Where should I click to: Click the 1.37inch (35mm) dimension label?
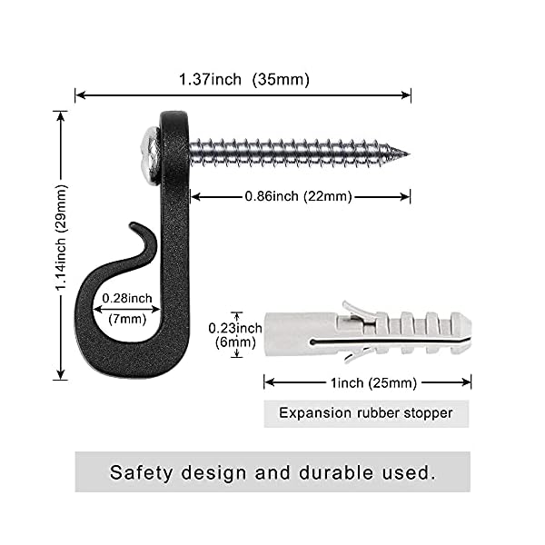243,79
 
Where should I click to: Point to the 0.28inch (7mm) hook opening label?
126,308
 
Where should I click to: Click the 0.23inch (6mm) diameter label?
235,332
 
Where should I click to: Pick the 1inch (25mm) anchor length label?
367,381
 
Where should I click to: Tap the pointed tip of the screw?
403,153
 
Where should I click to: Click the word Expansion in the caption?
313,413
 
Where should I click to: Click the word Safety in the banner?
142,472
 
